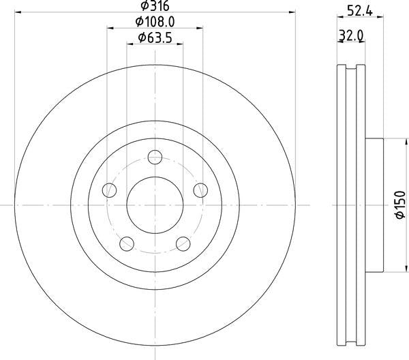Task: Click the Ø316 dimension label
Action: coord(155,5)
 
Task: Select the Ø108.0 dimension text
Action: coord(155,22)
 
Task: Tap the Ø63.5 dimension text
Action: coord(155,38)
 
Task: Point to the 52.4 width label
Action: coord(360,11)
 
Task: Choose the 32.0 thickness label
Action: coord(351,35)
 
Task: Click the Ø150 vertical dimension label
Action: coord(400,205)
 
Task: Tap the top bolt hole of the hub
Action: coord(155,157)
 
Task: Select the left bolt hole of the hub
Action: coord(109,190)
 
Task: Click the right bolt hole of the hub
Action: coord(200,190)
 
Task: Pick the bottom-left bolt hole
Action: coord(127,244)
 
